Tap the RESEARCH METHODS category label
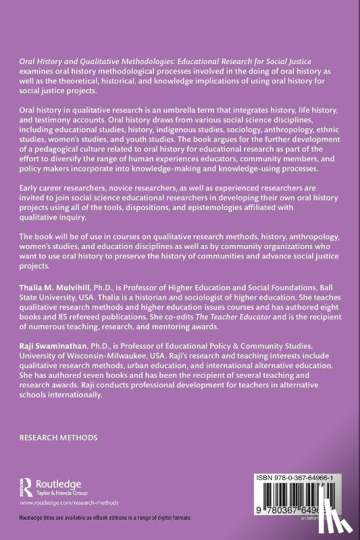coord(58,437)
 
